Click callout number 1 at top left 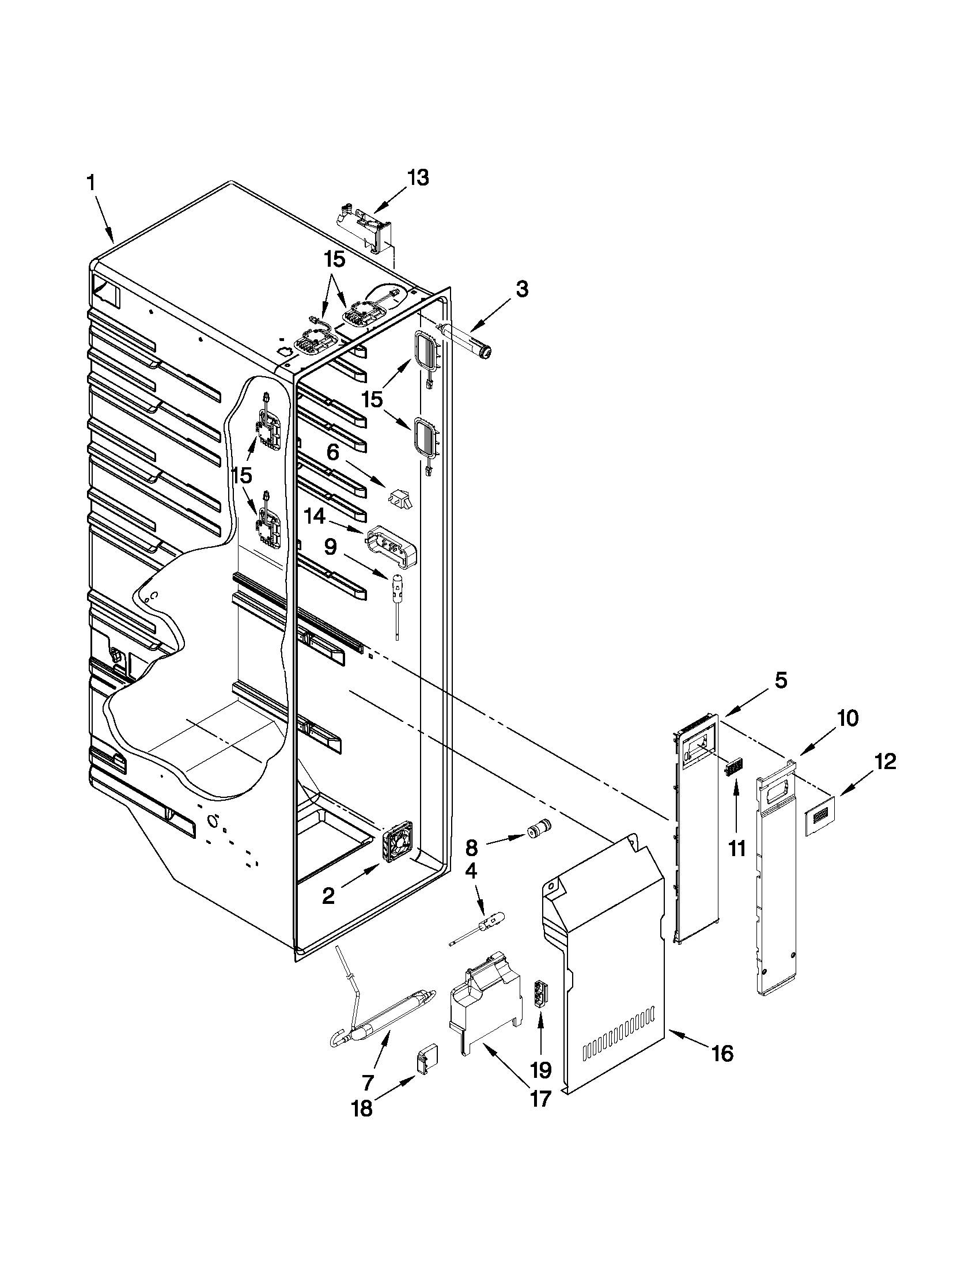90,183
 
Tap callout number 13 417,177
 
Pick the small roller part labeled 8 538,831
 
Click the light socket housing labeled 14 392,544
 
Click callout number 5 781,680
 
